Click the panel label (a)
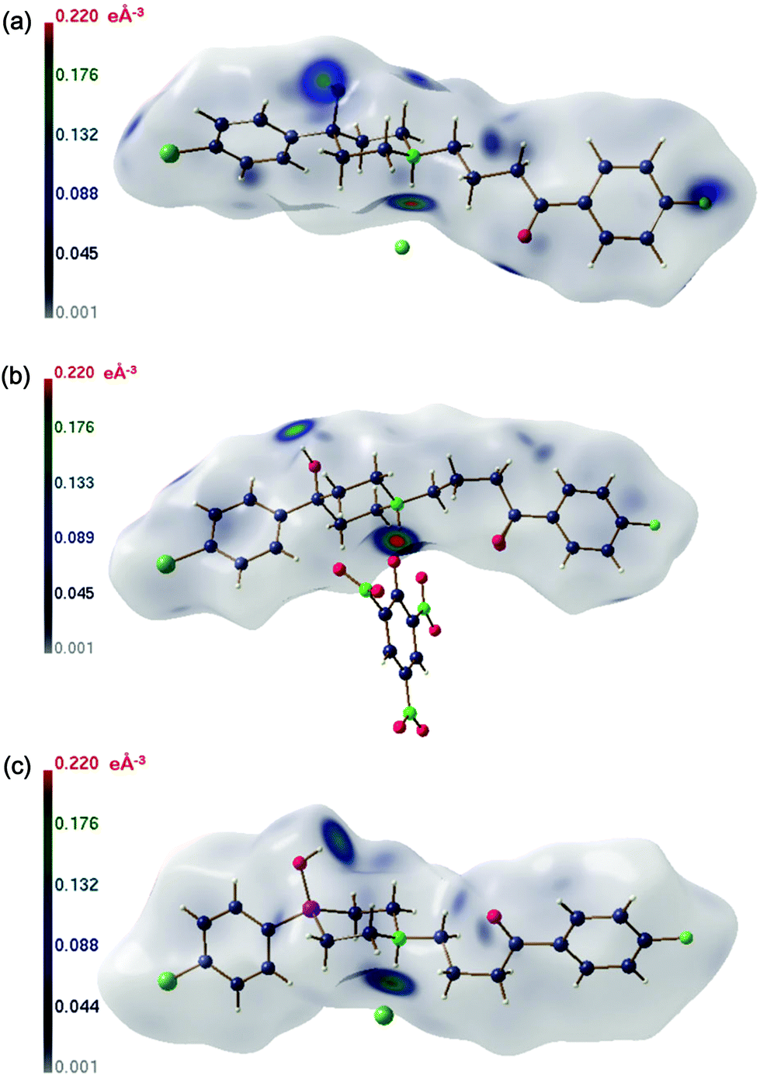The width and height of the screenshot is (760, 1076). [16, 22]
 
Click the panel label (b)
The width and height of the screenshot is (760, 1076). [16, 376]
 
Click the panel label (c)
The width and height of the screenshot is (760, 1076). [16, 766]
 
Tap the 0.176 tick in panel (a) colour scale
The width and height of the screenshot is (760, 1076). [76, 75]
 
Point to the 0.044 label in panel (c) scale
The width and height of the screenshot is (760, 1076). [76, 1007]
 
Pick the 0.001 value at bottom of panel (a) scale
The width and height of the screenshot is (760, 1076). [76, 312]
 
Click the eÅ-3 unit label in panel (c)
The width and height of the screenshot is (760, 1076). [127, 763]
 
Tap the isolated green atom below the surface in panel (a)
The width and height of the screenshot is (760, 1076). [401, 248]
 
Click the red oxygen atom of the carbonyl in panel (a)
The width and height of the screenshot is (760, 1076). [525, 237]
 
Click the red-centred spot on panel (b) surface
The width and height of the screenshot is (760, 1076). [396, 540]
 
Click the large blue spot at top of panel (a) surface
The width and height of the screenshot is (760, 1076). [324, 78]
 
